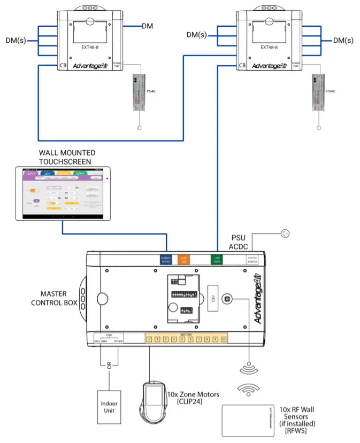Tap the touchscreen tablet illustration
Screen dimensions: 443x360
tap(63, 193)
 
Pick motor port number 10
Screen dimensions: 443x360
tap(223, 339)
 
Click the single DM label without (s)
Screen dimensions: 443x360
tap(148, 26)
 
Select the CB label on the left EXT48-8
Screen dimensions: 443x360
tap(62, 66)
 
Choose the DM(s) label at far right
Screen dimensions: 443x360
tap(343, 40)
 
